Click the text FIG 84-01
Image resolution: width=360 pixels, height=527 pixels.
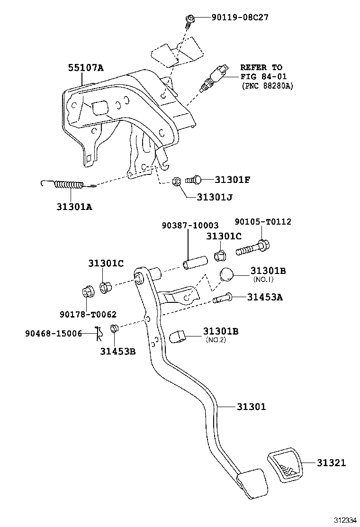click(263, 77)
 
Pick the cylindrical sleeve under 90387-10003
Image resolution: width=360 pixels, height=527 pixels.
click(194, 262)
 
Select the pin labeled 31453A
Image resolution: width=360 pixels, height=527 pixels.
click(223, 298)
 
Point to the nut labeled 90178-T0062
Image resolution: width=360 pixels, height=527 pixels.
click(87, 291)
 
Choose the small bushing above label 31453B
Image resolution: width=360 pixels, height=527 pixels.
click(114, 328)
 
